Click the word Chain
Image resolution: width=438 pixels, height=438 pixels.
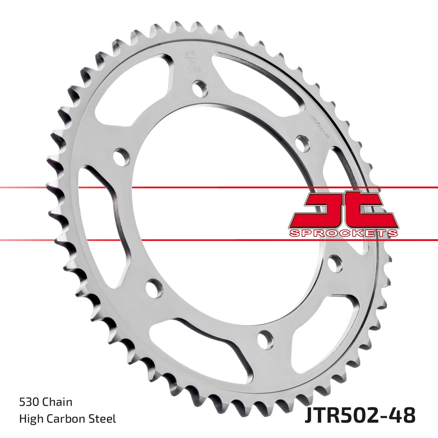click(x=57, y=402)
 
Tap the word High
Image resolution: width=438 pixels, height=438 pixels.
click(x=30, y=418)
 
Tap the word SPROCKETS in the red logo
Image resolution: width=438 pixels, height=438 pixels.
click(x=343, y=233)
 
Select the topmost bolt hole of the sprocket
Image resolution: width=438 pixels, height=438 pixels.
click(x=200, y=88)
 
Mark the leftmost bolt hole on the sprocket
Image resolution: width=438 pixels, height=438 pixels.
click(x=122, y=157)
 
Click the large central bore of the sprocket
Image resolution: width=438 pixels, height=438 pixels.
click(x=219, y=212)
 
